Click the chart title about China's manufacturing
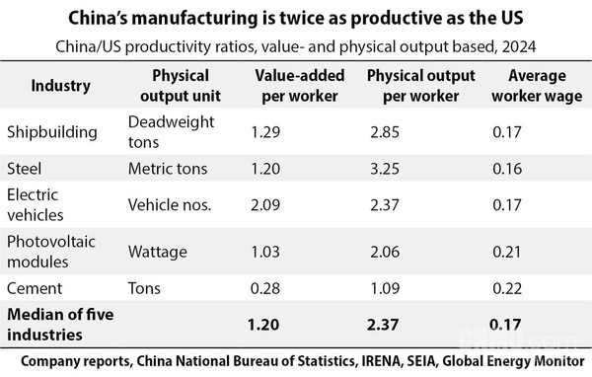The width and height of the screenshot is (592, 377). tap(295, 17)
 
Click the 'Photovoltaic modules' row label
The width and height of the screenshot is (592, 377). tap(46, 252)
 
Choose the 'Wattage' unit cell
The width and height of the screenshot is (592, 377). tap(157, 252)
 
